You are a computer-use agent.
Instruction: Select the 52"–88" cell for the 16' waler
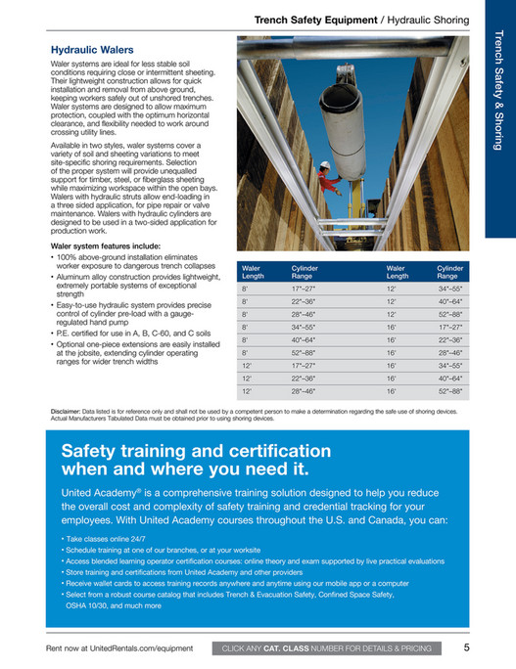(449, 390)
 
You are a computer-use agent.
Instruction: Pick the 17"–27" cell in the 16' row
(449, 327)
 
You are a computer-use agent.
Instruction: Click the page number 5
(468, 647)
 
